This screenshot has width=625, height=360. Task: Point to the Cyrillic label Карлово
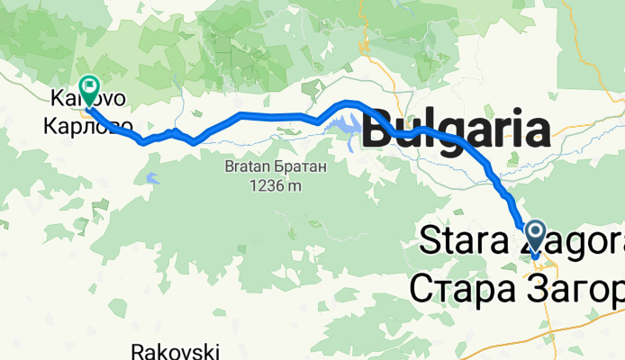(x=88, y=123)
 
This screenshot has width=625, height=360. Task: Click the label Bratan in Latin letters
(x=249, y=167)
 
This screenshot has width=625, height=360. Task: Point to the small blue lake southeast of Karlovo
(x=150, y=178)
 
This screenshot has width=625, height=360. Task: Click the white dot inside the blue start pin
(x=535, y=233)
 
